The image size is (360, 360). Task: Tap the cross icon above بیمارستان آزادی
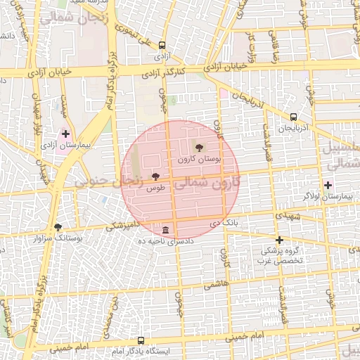tap(66, 133)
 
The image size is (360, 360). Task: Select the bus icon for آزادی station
tap(162, 44)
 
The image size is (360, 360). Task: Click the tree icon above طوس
tap(155, 177)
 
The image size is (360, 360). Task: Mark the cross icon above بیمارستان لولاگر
tap(328, 185)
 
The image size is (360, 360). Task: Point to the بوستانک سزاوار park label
tap(58, 238)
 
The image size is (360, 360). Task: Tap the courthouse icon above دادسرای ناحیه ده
tap(165, 231)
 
